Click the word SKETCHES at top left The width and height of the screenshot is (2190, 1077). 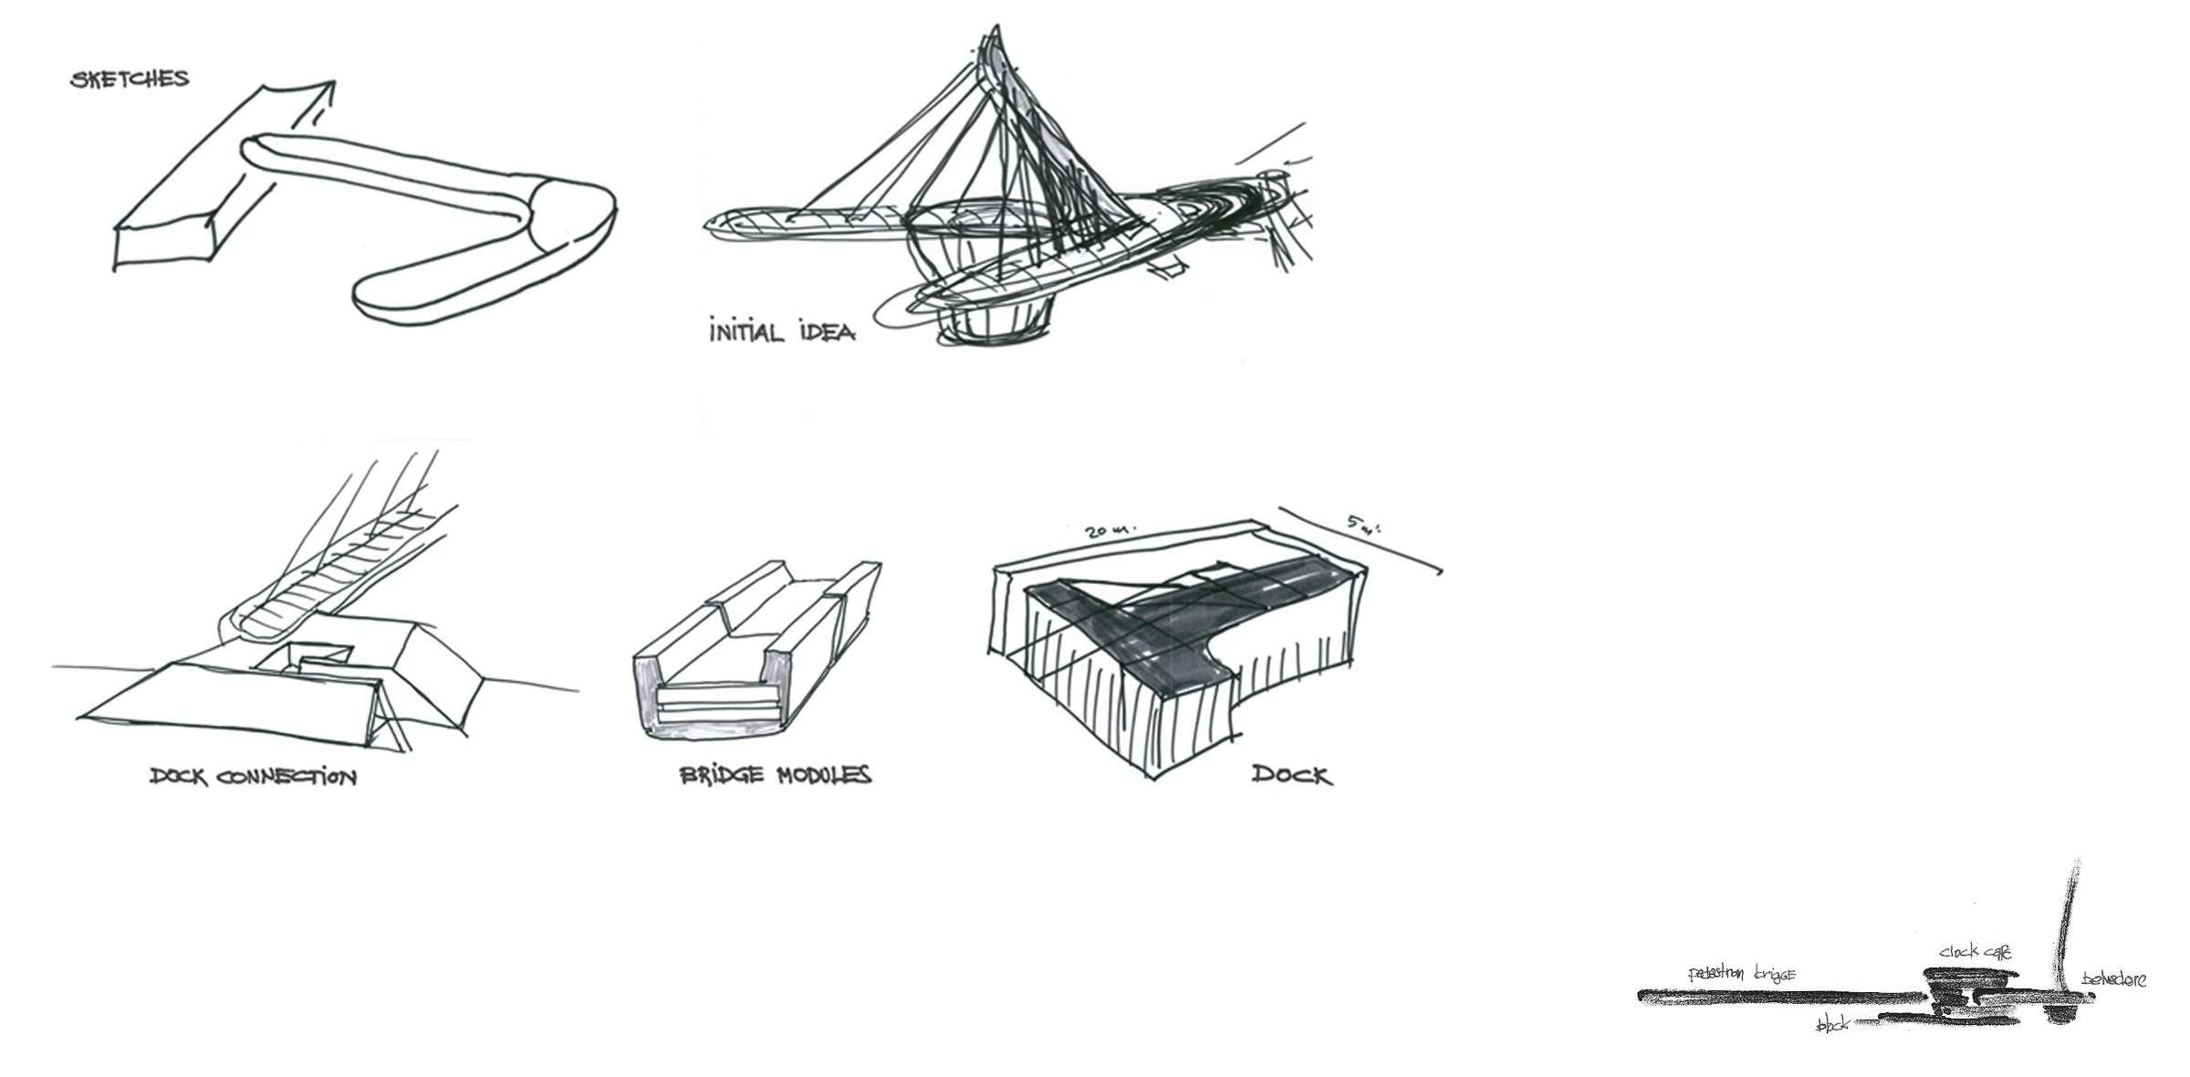pos(130,79)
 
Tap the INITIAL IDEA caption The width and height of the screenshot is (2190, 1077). pos(782,331)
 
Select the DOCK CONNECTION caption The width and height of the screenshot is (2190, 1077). pos(253,777)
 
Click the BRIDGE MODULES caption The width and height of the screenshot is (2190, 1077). pos(776,776)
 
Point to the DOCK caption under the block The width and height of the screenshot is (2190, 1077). pos(1291,776)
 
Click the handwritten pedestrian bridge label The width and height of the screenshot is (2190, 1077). pos(1741,975)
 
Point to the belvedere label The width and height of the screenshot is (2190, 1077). pos(2113,979)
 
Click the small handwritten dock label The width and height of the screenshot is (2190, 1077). pos(1833,1025)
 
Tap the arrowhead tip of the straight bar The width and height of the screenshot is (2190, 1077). pos(332,84)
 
